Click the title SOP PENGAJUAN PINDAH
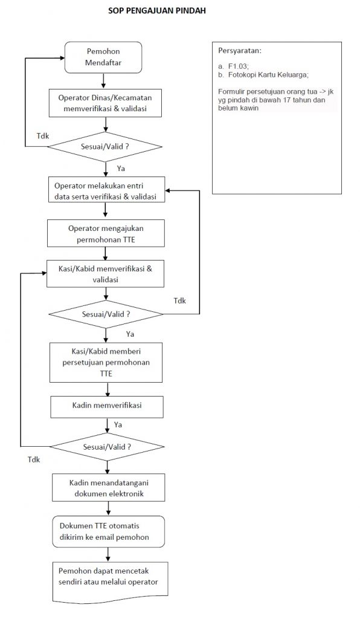(x=157, y=11)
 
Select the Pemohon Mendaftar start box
(x=103, y=57)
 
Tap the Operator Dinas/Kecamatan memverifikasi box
(x=105, y=103)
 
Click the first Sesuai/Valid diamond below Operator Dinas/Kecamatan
(x=105, y=146)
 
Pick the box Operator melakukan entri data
(x=106, y=190)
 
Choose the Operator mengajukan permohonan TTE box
(x=105, y=234)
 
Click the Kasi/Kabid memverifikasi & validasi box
(x=105, y=274)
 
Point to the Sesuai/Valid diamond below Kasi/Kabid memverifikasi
(x=106, y=314)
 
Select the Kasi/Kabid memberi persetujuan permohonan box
(x=106, y=362)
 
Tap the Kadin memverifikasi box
(x=107, y=407)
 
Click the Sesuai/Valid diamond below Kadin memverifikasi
(x=107, y=447)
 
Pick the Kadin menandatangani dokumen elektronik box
(x=109, y=488)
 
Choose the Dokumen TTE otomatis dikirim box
(x=109, y=531)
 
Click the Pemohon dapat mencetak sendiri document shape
(x=110, y=583)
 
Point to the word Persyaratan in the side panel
(x=239, y=51)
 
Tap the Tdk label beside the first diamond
(x=43, y=136)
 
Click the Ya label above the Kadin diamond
(x=118, y=425)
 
